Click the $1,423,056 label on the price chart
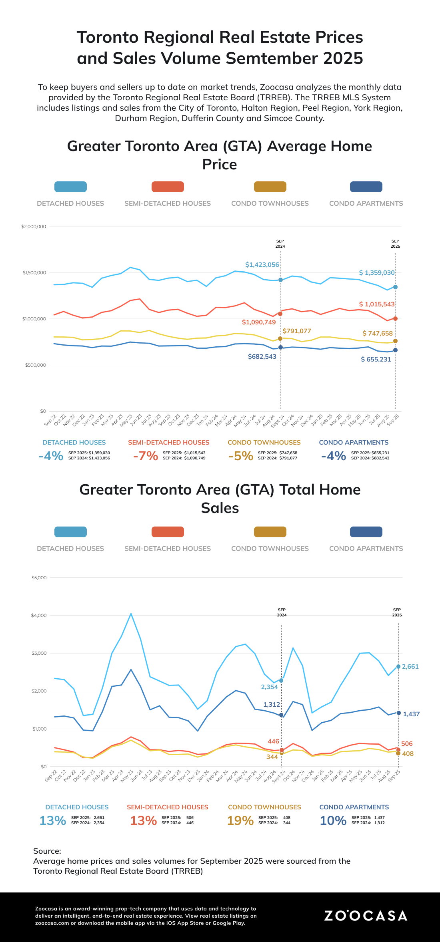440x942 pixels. (262, 264)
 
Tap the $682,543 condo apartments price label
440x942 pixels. (262, 356)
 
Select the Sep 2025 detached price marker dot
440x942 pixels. (395, 287)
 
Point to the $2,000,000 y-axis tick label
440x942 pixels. (34, 227)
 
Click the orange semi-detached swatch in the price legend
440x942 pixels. (168, 187)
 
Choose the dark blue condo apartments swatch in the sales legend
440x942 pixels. (366, 532)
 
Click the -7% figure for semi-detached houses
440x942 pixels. (146, 456)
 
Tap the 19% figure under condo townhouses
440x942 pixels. (240, 821)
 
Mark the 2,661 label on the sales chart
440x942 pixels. (410, 666)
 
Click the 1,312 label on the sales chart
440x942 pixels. (272, 704)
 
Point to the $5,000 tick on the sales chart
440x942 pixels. (39, 578)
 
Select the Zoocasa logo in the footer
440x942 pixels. (366, 916)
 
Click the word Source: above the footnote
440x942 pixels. (47, 851)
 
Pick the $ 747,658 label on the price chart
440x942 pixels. (378, 333)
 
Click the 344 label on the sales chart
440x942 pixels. (272, 757)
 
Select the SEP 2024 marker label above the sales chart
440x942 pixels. (282, 612)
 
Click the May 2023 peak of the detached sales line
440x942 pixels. (131, 614)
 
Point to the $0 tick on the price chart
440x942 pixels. (43, 411)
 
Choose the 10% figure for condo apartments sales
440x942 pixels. (333, 821)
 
